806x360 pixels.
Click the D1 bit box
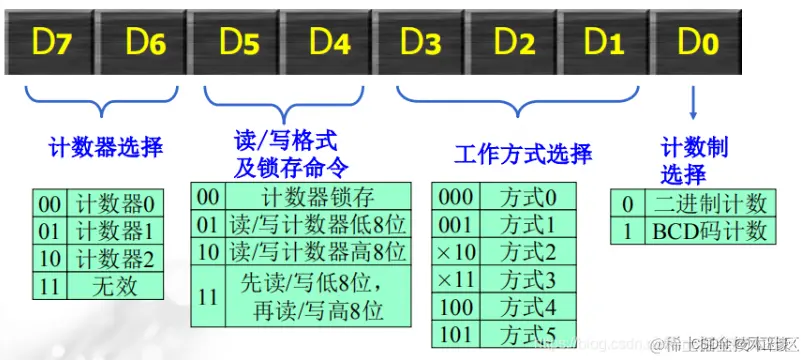pyautogui.click(x=602, y=43)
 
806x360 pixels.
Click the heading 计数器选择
pyautogui.click(x=105, y=149)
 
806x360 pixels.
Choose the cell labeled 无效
pyautogui.click(x=116, y=287)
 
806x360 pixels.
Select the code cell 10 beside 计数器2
pyautogui.click(x=49, y=259)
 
